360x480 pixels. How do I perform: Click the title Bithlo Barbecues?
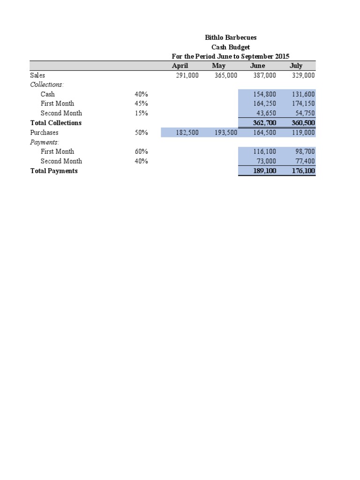[231, 37]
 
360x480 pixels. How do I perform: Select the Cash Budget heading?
[231, 47]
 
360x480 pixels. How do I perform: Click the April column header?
[180, 66]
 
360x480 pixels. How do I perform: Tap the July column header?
[296, 66]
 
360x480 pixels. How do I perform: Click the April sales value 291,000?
[187, 75]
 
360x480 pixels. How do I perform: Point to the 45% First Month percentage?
[141, 104]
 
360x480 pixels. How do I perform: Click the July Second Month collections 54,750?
[303, 113]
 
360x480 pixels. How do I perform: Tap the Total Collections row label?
[56, 123]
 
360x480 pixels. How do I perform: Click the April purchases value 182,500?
[187, 133]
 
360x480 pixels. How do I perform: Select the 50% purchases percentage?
[141, 133]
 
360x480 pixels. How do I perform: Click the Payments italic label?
[45, 142]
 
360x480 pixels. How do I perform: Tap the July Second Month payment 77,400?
[303, 161]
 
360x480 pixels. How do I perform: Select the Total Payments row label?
[54, 171]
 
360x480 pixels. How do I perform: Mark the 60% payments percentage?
[141, 151]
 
